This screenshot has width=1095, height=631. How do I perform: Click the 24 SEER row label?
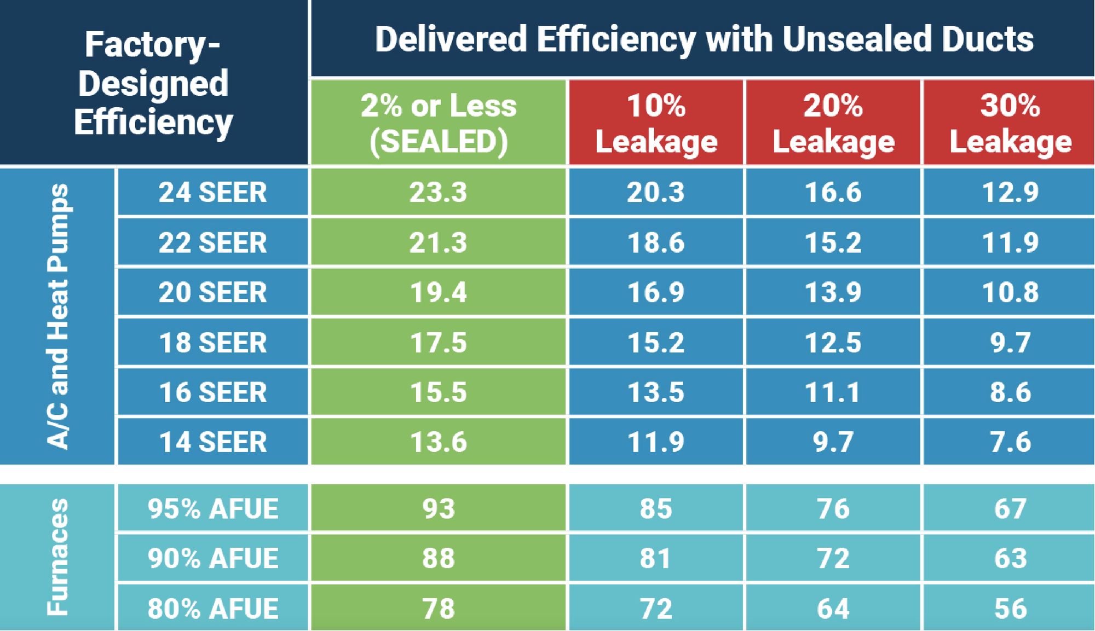[x=212, y=192]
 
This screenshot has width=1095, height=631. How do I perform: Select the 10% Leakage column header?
[x=656, y=123]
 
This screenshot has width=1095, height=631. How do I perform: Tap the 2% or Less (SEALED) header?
[x=438, y=123]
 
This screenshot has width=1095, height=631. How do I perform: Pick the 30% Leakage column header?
[x=1010, y=123]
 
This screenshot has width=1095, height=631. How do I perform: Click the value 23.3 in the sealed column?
[x=438, y=192]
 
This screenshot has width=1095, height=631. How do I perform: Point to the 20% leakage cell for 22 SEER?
[x=833, y=242]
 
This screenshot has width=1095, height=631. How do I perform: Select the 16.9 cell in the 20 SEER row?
[x=656, y=292]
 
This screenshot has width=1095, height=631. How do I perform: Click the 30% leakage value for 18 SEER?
[x=1010, y=343]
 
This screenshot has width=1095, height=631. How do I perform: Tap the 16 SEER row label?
[x=212, y=392]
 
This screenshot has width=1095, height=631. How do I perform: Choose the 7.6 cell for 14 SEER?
[x=1010, y=442]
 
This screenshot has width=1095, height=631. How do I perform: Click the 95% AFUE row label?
[x=212, y=508]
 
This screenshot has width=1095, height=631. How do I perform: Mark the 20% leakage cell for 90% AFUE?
[x=833, y=558]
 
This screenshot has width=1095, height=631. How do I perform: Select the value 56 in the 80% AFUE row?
[x=1010, y=608]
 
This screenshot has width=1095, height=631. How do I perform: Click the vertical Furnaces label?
[x=58, y=557]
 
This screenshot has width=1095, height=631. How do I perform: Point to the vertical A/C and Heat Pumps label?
[x=58, y=316]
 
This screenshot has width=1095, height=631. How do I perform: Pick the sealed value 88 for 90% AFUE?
[x=438, y=558]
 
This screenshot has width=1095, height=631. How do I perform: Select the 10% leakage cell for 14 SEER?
[x=656, y=442]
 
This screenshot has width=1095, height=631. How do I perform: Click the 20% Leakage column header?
[x=833, y=123]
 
